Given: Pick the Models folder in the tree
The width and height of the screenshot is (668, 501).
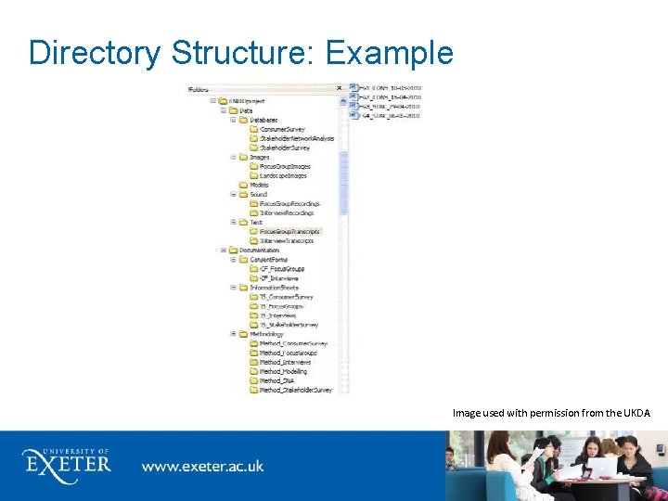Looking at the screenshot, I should pos(259,185).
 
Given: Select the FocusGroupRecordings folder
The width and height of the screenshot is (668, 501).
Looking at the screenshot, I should pos(289,203).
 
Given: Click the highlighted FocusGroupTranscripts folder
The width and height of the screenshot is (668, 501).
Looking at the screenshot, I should pos(289,231).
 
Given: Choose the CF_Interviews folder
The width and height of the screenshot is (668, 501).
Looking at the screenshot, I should pos(279,277).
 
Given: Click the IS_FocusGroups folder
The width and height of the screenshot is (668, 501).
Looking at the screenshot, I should pos(281,306).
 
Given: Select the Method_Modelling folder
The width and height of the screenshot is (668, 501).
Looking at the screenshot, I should pos(283,371).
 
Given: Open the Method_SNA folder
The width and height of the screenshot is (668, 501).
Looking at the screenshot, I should pos(276,380).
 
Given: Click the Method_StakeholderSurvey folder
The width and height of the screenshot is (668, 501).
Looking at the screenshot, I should pos(295,390).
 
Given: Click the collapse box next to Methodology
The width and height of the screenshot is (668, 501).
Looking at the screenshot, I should pos(233,334).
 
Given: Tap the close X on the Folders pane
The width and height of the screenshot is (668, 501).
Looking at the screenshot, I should pos(339,90).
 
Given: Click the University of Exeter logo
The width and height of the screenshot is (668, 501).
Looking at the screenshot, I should pos(66,461).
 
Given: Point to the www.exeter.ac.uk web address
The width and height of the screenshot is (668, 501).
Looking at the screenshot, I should pos(202,465).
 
